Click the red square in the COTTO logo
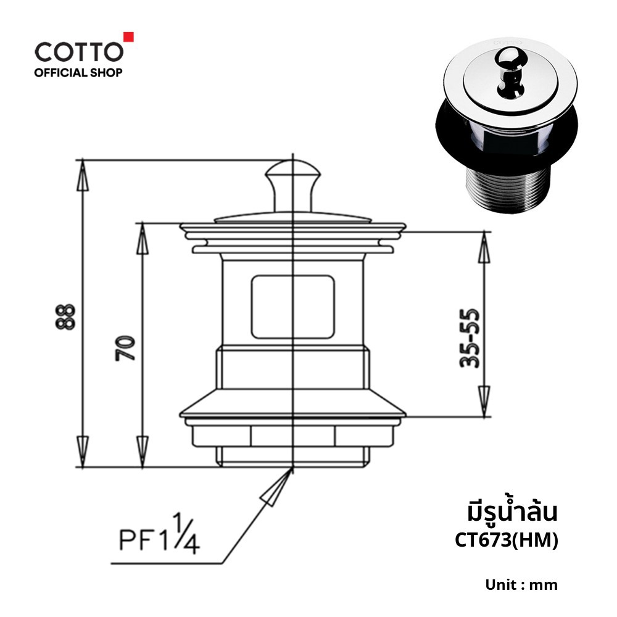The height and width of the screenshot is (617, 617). tap(129, 36)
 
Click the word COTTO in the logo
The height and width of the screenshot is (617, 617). tap(79, 52)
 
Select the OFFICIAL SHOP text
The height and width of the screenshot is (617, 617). tap(78, 72)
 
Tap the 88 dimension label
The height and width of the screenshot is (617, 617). tap(65, 317)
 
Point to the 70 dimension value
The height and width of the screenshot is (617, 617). tap(125, 348)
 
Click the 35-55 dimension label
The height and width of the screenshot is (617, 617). tap(470, 338)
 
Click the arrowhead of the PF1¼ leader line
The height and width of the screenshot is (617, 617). tap(277, 487)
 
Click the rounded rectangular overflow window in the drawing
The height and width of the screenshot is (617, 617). tap(292, 307)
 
